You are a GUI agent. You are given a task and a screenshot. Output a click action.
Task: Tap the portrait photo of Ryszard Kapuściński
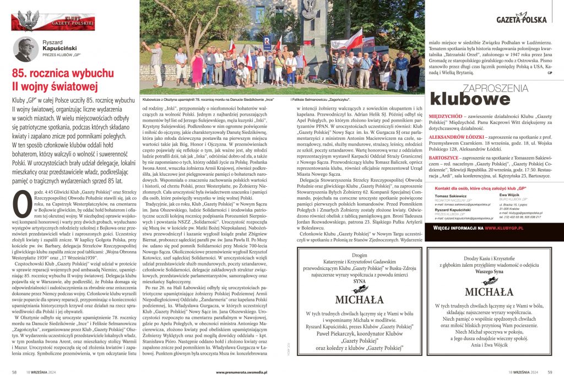(25, 50)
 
